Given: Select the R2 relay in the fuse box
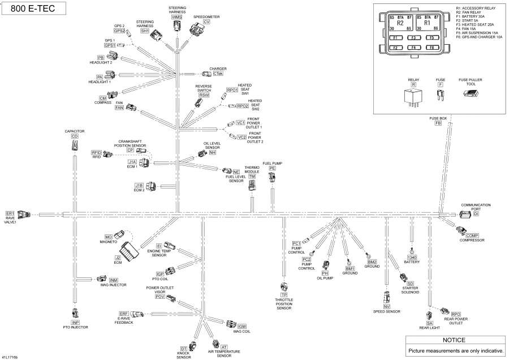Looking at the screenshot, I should tap(400, 24).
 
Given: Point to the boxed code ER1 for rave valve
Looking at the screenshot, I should tap(10, 213).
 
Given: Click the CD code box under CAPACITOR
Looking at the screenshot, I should tap(75, 136).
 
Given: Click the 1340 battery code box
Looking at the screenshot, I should tap(412, 258).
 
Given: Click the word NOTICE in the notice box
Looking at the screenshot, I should tap(454, 340).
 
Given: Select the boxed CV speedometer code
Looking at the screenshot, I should tap(199, 22).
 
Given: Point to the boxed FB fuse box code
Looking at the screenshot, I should tap(438, 123).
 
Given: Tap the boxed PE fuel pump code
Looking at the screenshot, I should tap(272, 168).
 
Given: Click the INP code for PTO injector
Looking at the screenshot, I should tap(75, 322).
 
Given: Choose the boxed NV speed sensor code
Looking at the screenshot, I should tap(387, 306).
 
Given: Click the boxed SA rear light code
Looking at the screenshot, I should tap(430, 323).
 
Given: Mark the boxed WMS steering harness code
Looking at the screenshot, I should tap(177, 18).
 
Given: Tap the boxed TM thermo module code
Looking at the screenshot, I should tap(252, 177).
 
